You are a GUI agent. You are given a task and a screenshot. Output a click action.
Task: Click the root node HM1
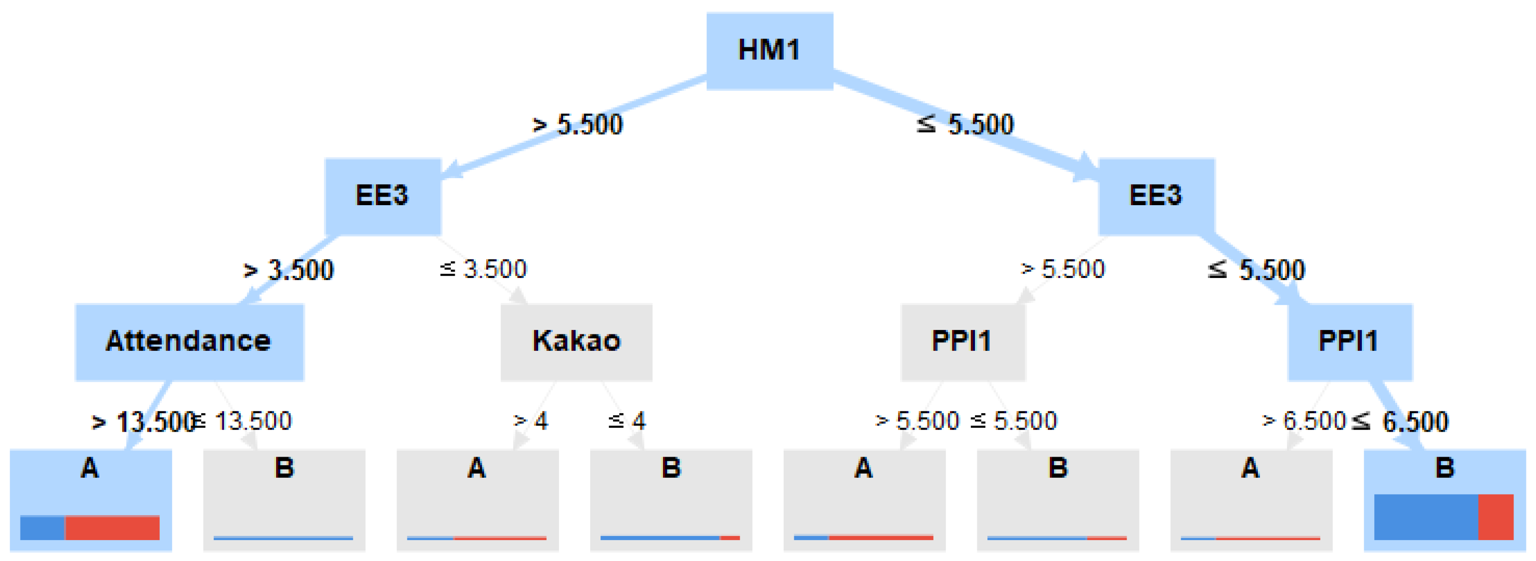click(769, 51)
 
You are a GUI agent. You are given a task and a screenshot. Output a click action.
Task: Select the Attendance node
click(189, 341)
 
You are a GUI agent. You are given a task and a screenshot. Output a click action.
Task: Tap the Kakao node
click(576, 341)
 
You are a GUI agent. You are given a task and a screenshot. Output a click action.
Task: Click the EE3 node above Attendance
click(382, 196)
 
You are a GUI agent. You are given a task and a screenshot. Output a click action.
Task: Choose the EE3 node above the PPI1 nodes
click(1156, 196)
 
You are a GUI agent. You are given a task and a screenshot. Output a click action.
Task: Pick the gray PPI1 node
click(962, 341)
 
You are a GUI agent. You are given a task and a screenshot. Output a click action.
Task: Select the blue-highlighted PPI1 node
click(1349, 341)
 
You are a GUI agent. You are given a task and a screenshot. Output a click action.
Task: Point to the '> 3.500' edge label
click(289, 270)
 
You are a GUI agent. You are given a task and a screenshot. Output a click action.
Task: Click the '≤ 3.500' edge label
click(484, 270)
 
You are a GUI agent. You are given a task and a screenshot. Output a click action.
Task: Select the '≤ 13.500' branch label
click(243, 421)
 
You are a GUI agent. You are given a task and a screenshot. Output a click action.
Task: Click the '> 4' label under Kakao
click(531, 421)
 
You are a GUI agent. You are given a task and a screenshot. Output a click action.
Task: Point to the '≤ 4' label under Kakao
click(626, 421)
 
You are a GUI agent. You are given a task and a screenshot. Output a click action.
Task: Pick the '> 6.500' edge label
click(1303, 421)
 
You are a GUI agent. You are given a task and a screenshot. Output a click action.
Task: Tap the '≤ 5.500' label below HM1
click(965, 125)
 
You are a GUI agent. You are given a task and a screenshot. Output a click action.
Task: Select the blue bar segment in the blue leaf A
click(42, 528)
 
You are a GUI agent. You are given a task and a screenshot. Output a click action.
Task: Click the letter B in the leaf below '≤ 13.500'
click(284, 468)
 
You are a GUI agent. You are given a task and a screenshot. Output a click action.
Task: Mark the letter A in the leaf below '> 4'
click(476, 468)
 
